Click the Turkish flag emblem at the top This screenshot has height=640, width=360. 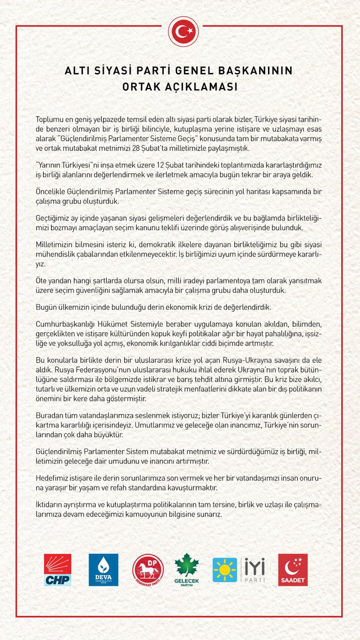(183, 32)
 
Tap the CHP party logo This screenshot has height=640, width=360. (58, 570)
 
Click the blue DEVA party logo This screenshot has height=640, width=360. (104, 570)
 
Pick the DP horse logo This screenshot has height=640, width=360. (148, 570)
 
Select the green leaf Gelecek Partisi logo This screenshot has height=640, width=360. (187, 570)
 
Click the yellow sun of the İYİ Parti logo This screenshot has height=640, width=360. (225, 570)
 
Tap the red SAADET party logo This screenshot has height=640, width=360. (292, 570)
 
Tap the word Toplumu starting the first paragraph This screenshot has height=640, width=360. (52, 120)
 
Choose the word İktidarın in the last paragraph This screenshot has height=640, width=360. (52, 505)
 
